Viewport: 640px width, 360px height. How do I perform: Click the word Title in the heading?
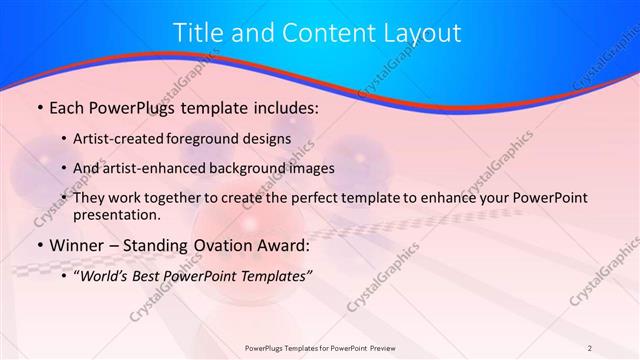pos(199,33)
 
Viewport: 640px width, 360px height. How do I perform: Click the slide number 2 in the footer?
pos(589,347)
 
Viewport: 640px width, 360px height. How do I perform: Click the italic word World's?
pos(105,276)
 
